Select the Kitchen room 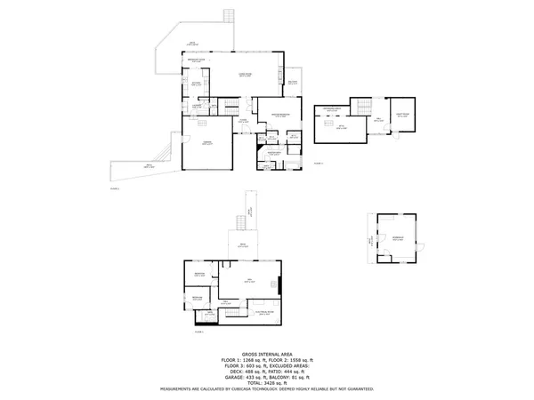click(x=196, y=85)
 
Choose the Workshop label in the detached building click(x=396, y=237)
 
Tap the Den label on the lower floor click(x=250, y=281)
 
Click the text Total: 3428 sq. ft click(x=267, y=382)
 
